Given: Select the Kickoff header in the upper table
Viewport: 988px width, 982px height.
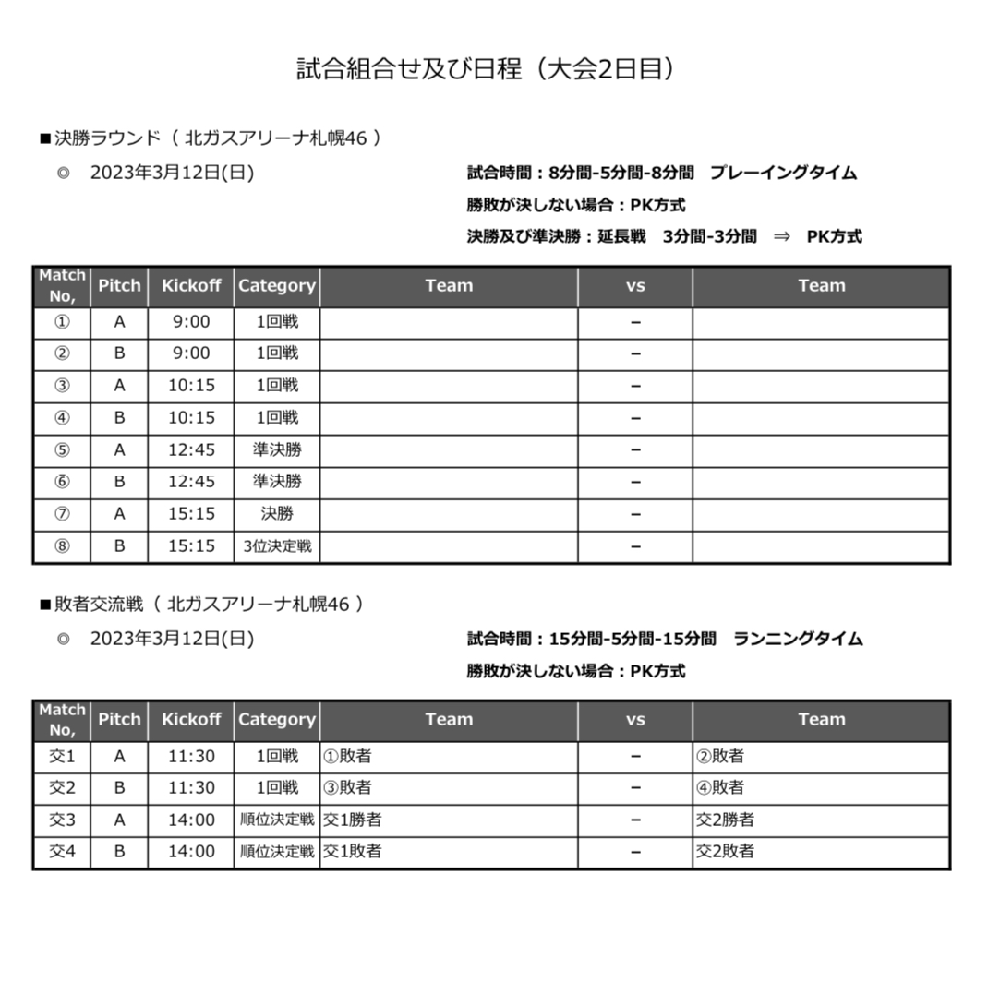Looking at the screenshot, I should tap(191, 286).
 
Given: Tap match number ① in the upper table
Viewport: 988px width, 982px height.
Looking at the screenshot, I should tap(62, 322).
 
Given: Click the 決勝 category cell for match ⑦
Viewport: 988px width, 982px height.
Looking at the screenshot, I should tap(277, 514).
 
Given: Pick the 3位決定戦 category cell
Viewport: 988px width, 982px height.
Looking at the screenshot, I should tap(277, 546).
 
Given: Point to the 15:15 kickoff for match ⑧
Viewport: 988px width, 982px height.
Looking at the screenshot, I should tap(191, 546).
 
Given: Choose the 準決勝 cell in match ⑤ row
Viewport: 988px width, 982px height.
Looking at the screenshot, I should tap(277, 449).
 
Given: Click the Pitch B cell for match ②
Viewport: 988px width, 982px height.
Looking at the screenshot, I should tap(119, 353).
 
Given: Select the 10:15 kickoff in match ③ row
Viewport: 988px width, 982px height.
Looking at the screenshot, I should tap(191, 386).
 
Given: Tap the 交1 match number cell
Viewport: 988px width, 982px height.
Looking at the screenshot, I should tap(62, 757).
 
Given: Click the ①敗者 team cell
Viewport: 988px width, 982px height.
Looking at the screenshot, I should tap(346, 757).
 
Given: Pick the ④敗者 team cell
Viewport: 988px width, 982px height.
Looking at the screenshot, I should tap(719, 788).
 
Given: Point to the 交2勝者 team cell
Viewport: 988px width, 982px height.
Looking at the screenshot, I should tap(724, 820).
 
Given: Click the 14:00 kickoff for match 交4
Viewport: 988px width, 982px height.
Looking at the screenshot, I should tap(191, 852).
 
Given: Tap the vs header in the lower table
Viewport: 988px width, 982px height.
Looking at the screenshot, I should tap(635, 720).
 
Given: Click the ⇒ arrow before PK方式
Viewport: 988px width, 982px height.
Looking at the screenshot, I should tap(782, 236).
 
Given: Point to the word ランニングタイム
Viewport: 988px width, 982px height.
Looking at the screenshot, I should tap(798, 639).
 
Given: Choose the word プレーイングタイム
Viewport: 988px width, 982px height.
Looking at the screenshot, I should tap(783, 173).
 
